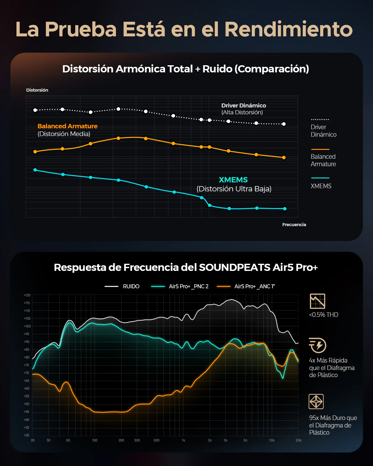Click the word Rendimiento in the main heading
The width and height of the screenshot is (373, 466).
288,29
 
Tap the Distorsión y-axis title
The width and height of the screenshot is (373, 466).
37,90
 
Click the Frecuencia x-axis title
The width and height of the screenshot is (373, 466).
294,225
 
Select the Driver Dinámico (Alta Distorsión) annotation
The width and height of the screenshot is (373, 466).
243,109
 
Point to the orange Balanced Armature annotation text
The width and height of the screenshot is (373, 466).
67,126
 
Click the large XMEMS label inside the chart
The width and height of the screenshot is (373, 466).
233,180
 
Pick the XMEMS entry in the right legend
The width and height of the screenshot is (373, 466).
321,186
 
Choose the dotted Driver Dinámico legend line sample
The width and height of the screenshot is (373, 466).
320,119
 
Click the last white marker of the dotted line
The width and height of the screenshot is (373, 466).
284,124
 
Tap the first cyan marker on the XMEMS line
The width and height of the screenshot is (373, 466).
35,170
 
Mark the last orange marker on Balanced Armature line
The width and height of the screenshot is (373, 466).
284,158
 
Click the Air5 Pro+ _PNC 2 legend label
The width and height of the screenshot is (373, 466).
188,286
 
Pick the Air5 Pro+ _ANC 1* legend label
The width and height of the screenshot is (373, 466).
254,286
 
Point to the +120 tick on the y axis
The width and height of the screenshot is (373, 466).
27,295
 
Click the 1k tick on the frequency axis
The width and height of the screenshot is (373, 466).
183,440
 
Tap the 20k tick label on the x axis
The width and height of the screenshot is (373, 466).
298,440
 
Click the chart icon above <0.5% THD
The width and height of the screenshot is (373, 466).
317,301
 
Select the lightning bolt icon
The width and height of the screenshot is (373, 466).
317,345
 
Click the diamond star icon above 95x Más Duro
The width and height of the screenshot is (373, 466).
316,401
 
